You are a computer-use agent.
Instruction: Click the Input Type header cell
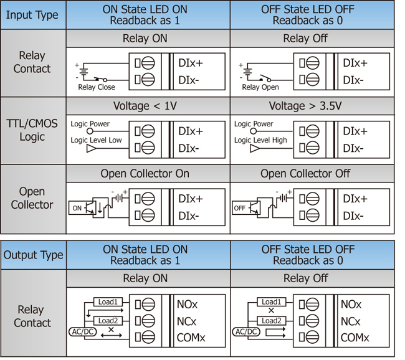click(x=33, y=15)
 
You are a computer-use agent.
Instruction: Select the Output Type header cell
click(x=33, y=255)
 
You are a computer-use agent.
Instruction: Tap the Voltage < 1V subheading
click(x=145, y=106)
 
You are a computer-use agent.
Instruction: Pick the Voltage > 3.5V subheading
click(x=305, y=106)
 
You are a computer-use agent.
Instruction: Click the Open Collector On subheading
click(x=145, y=174)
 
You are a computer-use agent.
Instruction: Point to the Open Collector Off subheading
click(x=305, y=174)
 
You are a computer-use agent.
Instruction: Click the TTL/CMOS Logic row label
click(x=32, y=130)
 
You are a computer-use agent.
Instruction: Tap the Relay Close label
click(x=97, y=87)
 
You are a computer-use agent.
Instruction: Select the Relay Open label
click(x=260, y=87)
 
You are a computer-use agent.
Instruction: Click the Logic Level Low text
click(x=96, y=140)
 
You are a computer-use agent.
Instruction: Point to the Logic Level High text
click(x=260, y=140)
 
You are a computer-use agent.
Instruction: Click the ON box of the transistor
click(x=77, y=208)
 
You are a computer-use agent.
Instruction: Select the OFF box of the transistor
click(x=240, y=208)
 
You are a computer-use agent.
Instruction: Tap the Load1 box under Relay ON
click(x=108, y=301)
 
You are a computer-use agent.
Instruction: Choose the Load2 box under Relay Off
click(x=271, y=321)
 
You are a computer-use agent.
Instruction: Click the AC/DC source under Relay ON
click(x=83, y=331)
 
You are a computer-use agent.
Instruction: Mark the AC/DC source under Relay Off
click(x=246, y=331)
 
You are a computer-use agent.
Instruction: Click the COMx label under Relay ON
click(x=191, y=338)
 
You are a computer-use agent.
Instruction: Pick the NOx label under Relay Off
click(x=351, y=305)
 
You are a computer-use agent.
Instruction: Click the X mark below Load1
click(x=271, y=311)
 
